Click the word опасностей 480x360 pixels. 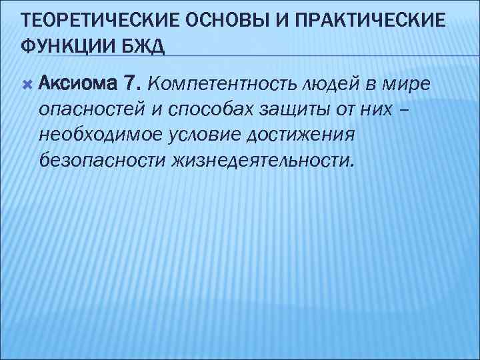[85, 109]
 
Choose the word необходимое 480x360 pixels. [93, 135]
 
